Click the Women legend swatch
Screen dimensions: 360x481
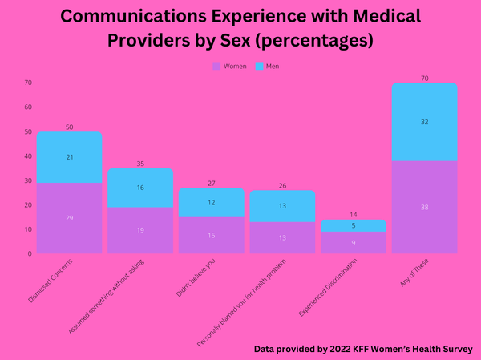pyautogui.click(x=216, y=66)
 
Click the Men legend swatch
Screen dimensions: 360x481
pyautogui.click(x=260, y=66)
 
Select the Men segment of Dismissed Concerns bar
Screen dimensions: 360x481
pyautogui.click(x=69, y=157)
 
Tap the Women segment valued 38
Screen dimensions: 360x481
pyautogui.click(x=424, y=207)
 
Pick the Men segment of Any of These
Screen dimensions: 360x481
pyautogui.click(x=424, y=122)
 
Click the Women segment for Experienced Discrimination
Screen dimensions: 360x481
pyautogui.click(x=353, y=243)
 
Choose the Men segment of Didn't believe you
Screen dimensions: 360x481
pyautogui.click(x=211, y=203)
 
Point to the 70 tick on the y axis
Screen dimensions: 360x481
pyautogui.click(x=28, y=83)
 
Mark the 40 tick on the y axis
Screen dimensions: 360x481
pyautogui.click(x=28, y=156)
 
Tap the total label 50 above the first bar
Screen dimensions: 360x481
pyautogui.click(x=69, y=127)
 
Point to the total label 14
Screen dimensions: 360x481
pyautogui.click(x=353, y=215)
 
